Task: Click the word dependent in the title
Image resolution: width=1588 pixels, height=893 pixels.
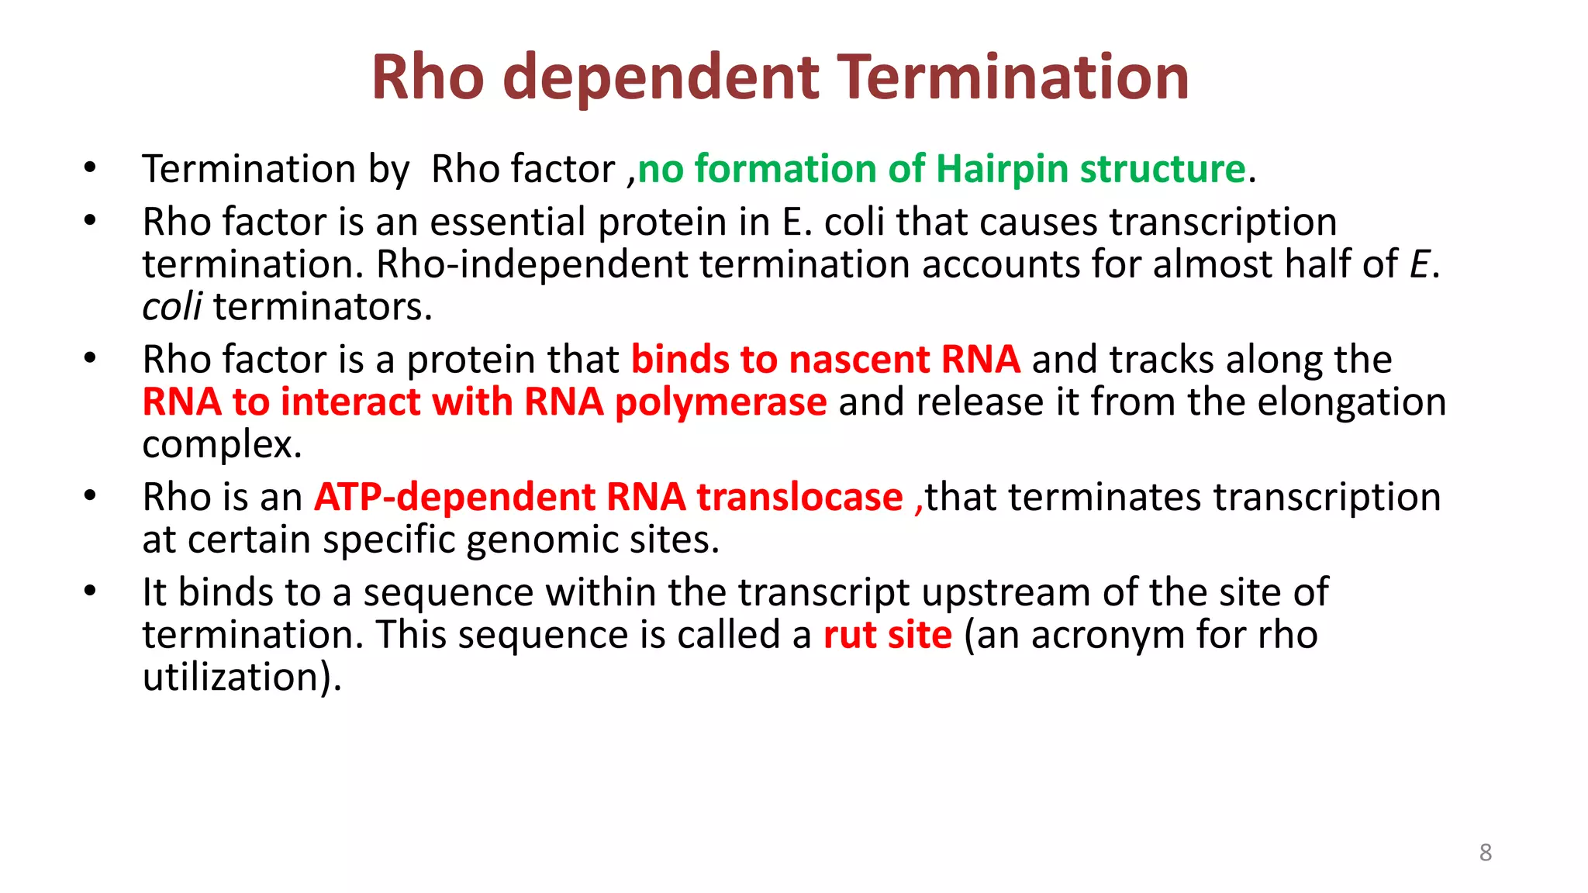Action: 660,78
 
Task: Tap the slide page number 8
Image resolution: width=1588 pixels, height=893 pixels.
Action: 1485,853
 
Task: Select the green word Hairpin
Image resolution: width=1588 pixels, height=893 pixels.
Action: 1002,169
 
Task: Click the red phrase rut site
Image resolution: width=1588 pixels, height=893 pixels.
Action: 887,635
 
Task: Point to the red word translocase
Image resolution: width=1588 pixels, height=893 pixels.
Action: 799,497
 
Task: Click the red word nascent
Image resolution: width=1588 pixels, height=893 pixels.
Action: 859,360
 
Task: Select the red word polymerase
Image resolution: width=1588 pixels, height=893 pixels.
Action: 720,403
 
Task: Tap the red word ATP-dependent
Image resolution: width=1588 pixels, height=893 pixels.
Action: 454,497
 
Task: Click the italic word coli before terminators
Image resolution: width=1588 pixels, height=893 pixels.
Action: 172,307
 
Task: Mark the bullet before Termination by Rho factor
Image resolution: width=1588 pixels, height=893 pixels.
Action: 90,167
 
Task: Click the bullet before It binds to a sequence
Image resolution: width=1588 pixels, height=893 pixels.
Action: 90,591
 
